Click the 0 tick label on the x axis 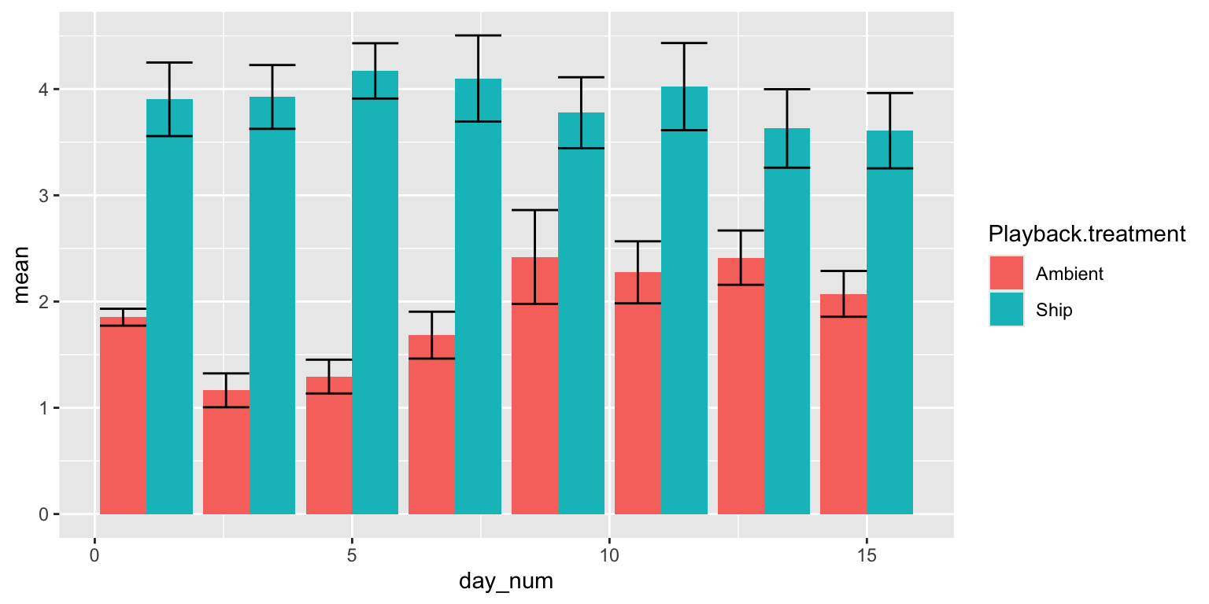(x=94, y=556)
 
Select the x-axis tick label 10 (x=609, y=556)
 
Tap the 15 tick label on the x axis (x=867, y=556)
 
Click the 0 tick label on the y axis (x=44, y=514)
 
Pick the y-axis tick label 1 (x=44, y=408)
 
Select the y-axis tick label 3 (x=44, y=196)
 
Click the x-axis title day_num (x=506, y=582)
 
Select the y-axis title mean (x=21, y=275)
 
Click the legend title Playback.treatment (x=1086, y=234)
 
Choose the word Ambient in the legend (x=1069, y=274)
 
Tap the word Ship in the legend (x=1054, y=310)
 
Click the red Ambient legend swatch (x=1007, y=274)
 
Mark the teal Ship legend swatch (x=1007, y=309)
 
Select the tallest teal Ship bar (x=375, y=293)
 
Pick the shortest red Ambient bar (x=226, y=452)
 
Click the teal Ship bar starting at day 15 (x=890, y=322)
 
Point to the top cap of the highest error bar (x=479, y=35)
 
